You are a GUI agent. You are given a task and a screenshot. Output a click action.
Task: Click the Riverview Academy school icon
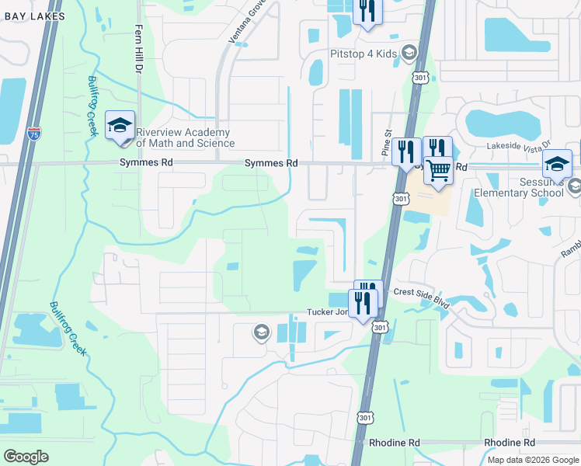[x=120, y=127]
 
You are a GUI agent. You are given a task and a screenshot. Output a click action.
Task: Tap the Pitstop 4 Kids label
[x=363, y=53]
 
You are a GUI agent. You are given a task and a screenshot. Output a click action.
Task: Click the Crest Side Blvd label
[x=422, y=293]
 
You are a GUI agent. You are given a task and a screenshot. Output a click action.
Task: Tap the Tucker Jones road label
[x=328, y=311]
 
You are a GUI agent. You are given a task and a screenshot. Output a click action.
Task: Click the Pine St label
[x=386, y=144]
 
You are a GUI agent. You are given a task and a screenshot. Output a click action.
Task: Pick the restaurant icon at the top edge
[x=366, y=12]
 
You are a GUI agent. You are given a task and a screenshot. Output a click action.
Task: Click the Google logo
[x=26, y=456]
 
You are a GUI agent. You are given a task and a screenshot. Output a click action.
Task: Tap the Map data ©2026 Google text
[x=532, y=460]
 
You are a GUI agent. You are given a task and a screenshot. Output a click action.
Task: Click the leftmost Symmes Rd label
[x=146, y=163]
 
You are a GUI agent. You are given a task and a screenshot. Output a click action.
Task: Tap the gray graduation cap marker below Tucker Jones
[x=261, y=333]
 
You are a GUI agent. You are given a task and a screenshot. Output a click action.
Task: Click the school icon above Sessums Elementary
[x=557, y=164]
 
